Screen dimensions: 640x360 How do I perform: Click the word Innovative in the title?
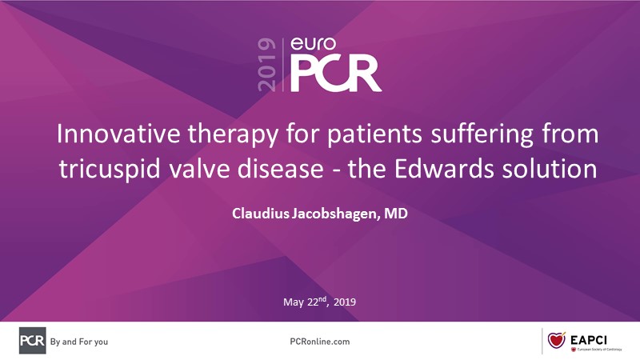point(118,133)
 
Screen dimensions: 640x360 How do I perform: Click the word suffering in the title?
point(482,134)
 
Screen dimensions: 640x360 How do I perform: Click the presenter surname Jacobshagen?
point(334,214)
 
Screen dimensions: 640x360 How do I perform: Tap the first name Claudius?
point(261,213)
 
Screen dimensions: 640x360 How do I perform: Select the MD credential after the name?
point(395,213)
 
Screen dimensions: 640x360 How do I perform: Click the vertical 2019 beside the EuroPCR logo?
point(267,65)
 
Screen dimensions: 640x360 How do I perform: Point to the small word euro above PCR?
point(313,44)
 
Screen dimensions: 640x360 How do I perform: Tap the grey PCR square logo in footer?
point(32,341)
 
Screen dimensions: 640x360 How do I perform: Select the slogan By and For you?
point(79,342)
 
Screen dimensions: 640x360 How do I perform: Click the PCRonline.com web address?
point(319,342)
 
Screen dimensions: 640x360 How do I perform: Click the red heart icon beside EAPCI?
point(556,339)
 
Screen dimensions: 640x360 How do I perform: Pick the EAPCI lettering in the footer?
point(589,339)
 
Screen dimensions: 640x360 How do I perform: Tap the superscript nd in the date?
point(322,299)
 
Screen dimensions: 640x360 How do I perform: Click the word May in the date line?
point(294,302)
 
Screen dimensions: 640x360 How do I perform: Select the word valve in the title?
point(198,169)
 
